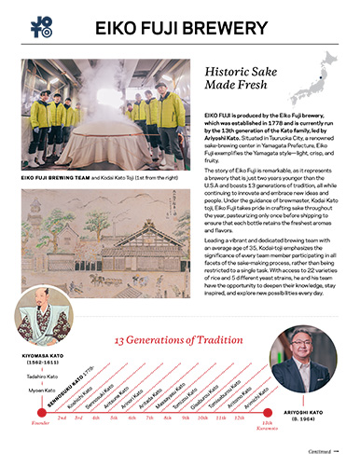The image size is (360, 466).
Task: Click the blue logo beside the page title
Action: coord(42,25)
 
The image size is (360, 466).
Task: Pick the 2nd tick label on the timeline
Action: coord(62,419)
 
